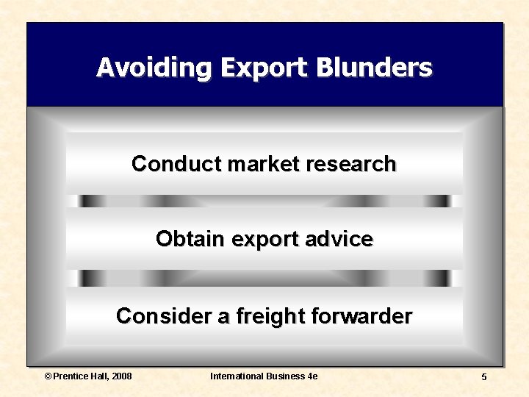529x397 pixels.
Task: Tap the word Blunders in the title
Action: point(375,68)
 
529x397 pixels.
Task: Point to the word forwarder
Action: point(361,316)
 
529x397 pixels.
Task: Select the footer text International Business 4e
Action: point(264,376)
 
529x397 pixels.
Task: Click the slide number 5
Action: point(483,377)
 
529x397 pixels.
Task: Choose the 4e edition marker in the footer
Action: point(312,376)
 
